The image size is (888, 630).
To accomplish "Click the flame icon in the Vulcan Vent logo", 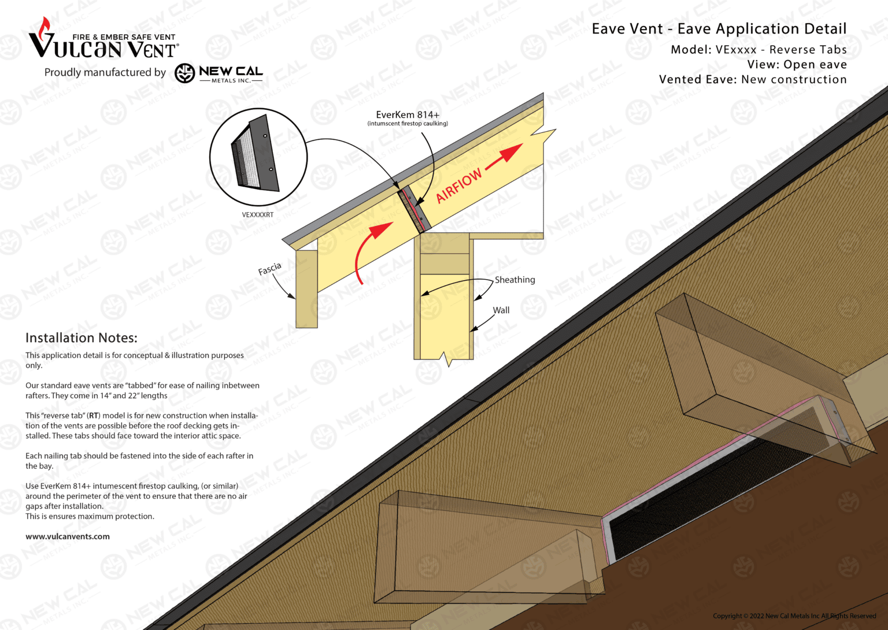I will [44, 27].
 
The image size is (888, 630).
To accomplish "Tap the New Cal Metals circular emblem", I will [184, 73].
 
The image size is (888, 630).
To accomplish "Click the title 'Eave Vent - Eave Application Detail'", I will [719, 29].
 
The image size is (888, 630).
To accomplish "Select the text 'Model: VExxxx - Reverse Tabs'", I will [758, 50].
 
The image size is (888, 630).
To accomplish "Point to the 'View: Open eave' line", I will [796, 65].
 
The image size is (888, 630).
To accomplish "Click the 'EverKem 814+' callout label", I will [408, 115].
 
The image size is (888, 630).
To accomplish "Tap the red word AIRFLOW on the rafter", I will [458, 186].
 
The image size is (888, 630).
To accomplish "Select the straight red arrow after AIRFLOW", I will [504, 157].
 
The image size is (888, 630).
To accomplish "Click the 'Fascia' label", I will [269, 269].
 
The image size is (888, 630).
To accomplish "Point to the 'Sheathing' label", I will [515, 280].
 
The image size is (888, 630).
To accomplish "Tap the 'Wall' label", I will [501, 310].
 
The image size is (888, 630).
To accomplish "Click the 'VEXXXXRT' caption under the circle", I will [257, 215].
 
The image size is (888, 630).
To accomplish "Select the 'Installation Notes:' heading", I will [81, 338].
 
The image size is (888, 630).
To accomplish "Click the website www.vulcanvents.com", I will [68, 536].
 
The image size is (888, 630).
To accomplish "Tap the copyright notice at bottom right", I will [794, 616].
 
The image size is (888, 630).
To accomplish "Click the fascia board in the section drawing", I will [306, 289].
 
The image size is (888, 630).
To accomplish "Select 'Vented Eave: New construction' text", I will [752, 80].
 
